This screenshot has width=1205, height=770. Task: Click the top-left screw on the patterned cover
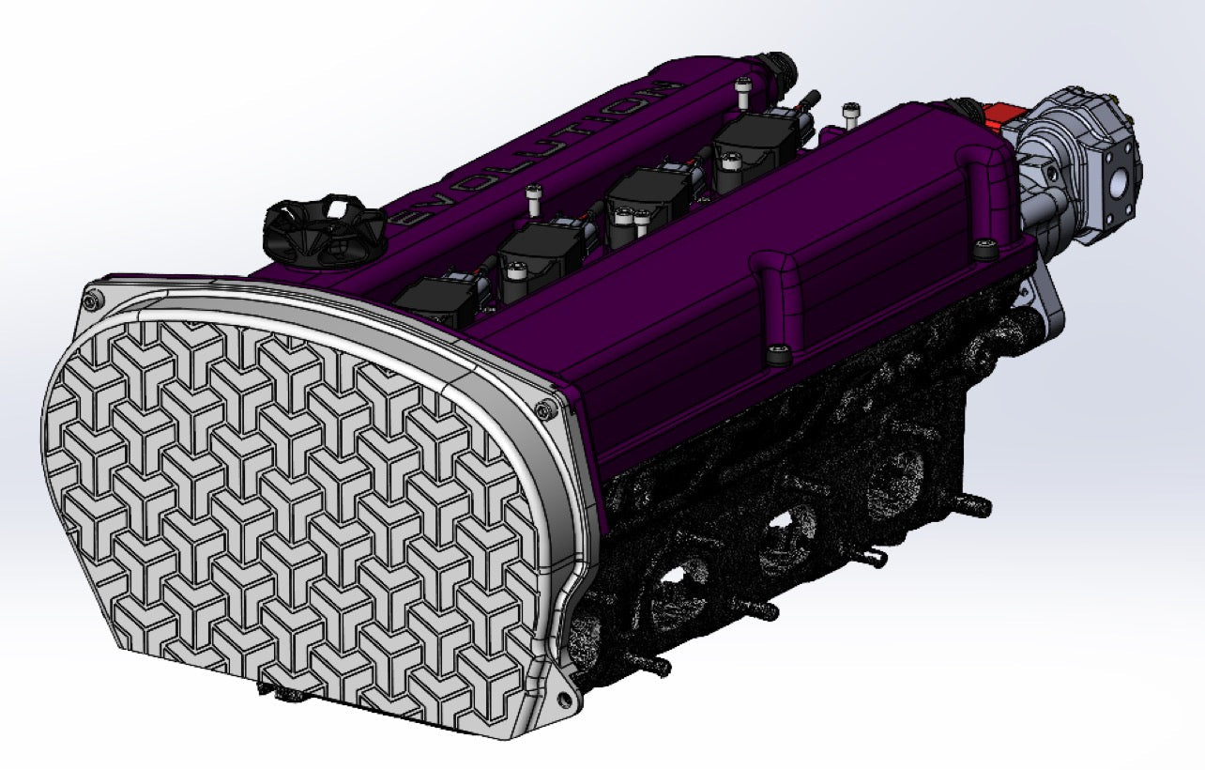coord(91,300)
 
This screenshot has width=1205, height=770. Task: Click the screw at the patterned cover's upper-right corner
coord(543,408)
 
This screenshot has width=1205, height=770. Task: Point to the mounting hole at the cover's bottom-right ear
coord(566,696)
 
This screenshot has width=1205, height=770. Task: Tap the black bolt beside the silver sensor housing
coord(984,250)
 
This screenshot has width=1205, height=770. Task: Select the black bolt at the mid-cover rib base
coord(777,354)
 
